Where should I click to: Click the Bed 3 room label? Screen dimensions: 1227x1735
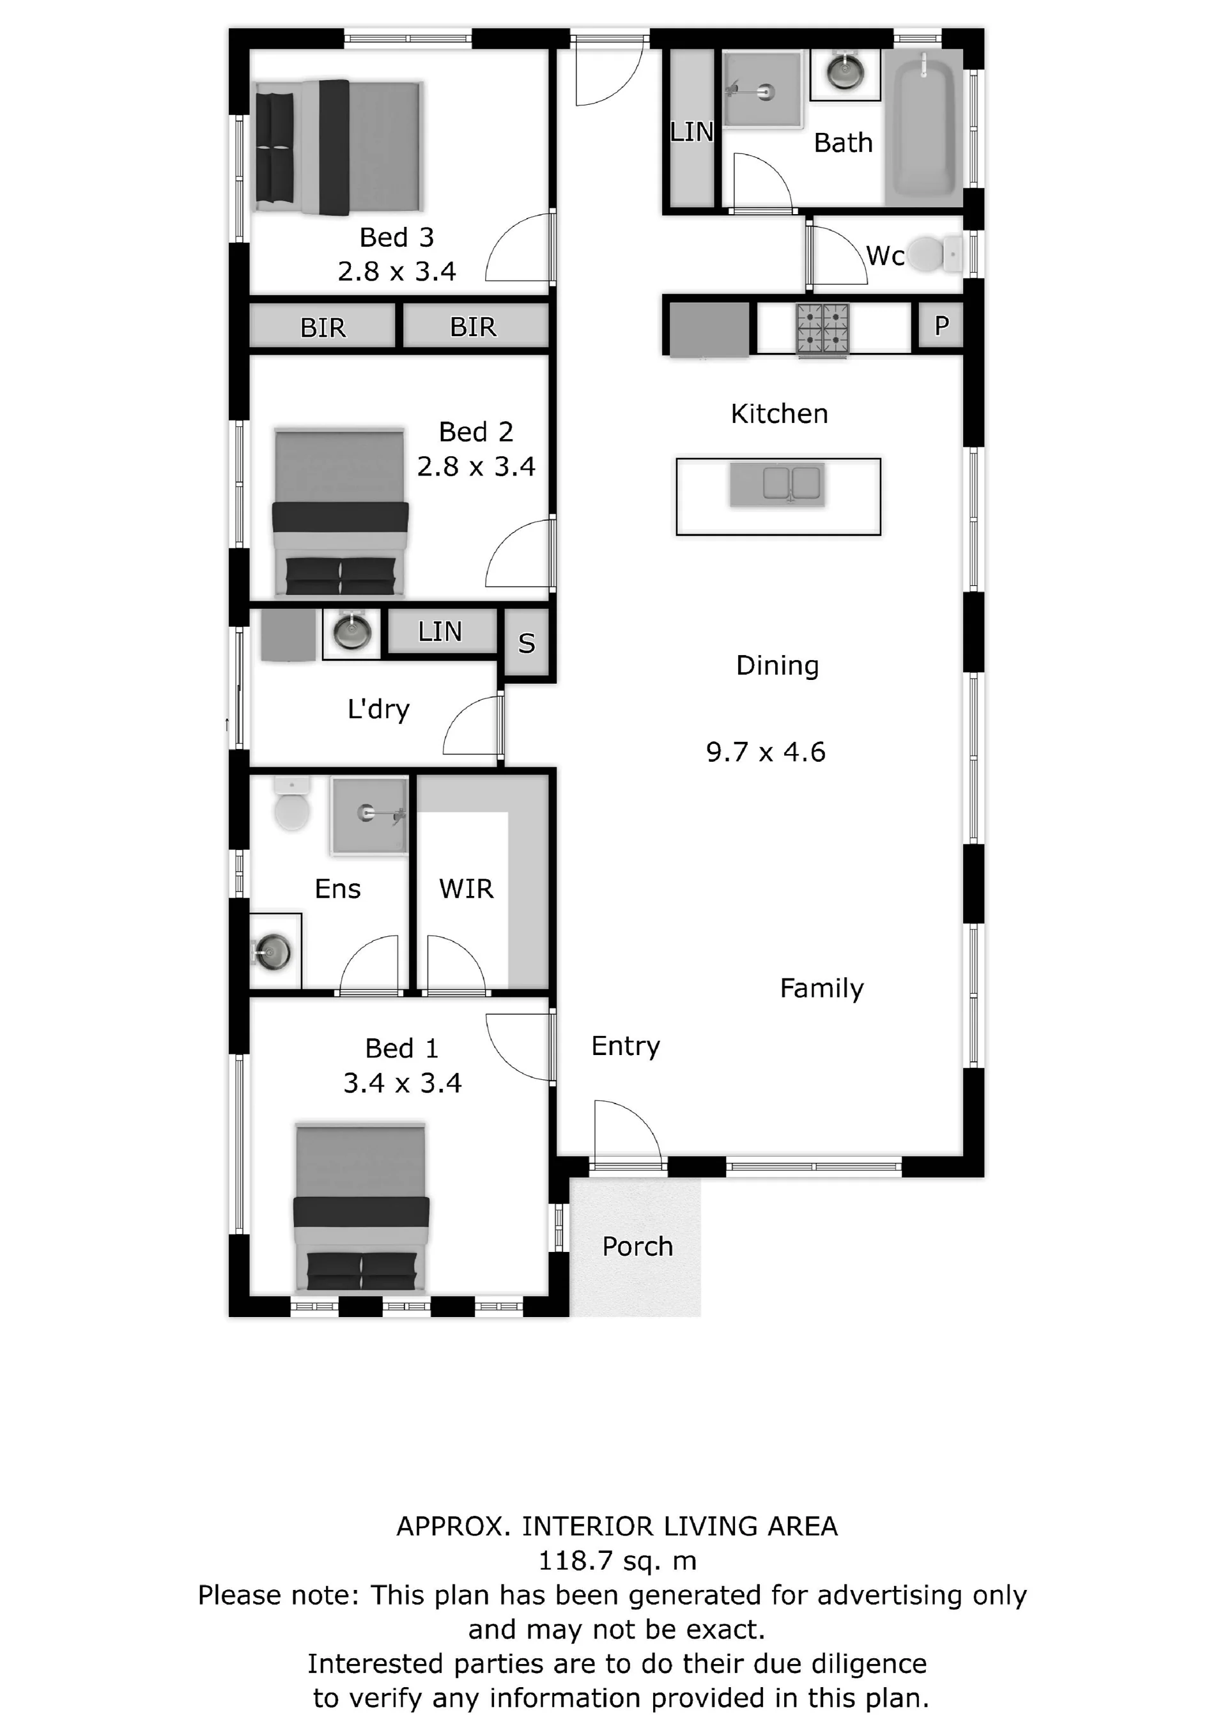[397, 237]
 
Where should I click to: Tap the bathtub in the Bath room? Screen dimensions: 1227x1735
[924, 127]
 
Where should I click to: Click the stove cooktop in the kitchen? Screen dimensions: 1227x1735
[822, 328]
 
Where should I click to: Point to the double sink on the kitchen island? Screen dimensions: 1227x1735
[778, 484]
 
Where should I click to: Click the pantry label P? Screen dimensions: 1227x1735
[941, 326]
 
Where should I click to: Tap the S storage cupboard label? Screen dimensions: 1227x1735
[527, 643]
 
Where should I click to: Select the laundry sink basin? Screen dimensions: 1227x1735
[351, 633]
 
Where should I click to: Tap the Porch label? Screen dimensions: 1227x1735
[637, 1246]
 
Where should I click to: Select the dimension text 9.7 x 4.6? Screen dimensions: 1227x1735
[766, 752]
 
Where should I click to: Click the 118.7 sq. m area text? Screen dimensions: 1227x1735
[617, 1561]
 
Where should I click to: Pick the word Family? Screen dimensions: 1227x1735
[821, 989]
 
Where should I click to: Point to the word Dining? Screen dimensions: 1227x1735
[778, 667]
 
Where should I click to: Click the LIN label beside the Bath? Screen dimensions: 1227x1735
[691, 132]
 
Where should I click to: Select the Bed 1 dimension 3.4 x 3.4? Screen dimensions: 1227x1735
[402, 1084]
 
